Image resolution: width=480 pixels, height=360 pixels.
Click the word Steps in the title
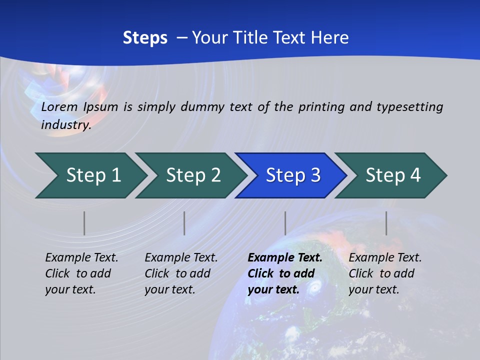pos(145,37)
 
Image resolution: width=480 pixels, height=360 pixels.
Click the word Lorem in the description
pos(59,107)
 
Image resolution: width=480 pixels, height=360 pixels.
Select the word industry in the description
pos(66,124)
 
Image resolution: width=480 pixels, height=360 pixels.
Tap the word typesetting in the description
pos(409,107)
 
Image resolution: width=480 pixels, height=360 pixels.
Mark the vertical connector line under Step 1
pos(84,223)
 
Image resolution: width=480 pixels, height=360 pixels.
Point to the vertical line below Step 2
pos(184,223)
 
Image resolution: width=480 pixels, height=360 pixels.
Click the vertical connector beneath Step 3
pos(285,223)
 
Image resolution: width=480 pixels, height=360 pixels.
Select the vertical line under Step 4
pos(386,223)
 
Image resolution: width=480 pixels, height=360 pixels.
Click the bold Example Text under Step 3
pos(285,273)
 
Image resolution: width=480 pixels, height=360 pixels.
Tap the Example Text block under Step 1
pos(81,273)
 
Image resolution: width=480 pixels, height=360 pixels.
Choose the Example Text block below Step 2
pos(181,273)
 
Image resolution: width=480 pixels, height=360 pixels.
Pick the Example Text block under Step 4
pos(385,273)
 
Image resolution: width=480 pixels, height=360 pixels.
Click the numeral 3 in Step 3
pos(315,175)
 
